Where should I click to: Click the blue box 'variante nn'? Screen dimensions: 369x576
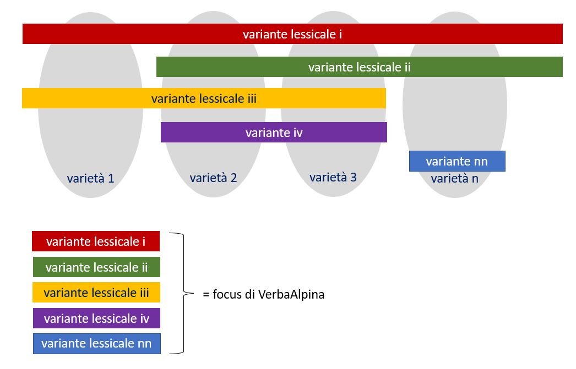(x=457, y=161)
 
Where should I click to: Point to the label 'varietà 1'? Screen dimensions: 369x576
(x=90, y=178)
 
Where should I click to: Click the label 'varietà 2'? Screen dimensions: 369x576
(x=213, y=178)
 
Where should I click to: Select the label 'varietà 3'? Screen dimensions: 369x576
(x=333, y=177)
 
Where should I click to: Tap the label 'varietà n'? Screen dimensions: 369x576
(x=454, y=179)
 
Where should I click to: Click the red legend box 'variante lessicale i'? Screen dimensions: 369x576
(x=96, y=241)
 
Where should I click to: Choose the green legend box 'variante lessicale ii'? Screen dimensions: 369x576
(x=96, y=267)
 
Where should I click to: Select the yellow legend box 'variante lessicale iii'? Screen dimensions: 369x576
(x=96, y=293)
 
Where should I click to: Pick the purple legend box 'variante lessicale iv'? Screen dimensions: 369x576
(x=96, y=318)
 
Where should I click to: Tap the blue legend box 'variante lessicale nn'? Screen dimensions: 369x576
(x=96, y=344)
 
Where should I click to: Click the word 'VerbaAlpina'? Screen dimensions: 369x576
(x=292, y=294)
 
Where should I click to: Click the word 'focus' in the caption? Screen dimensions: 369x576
(x=226, y=294)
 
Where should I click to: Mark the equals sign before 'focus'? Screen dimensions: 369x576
(x=207, y=295)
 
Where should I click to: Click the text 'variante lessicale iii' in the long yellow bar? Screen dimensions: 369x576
(x=204, y=99)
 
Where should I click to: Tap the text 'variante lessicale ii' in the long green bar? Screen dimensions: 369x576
(x=359, y=67)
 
